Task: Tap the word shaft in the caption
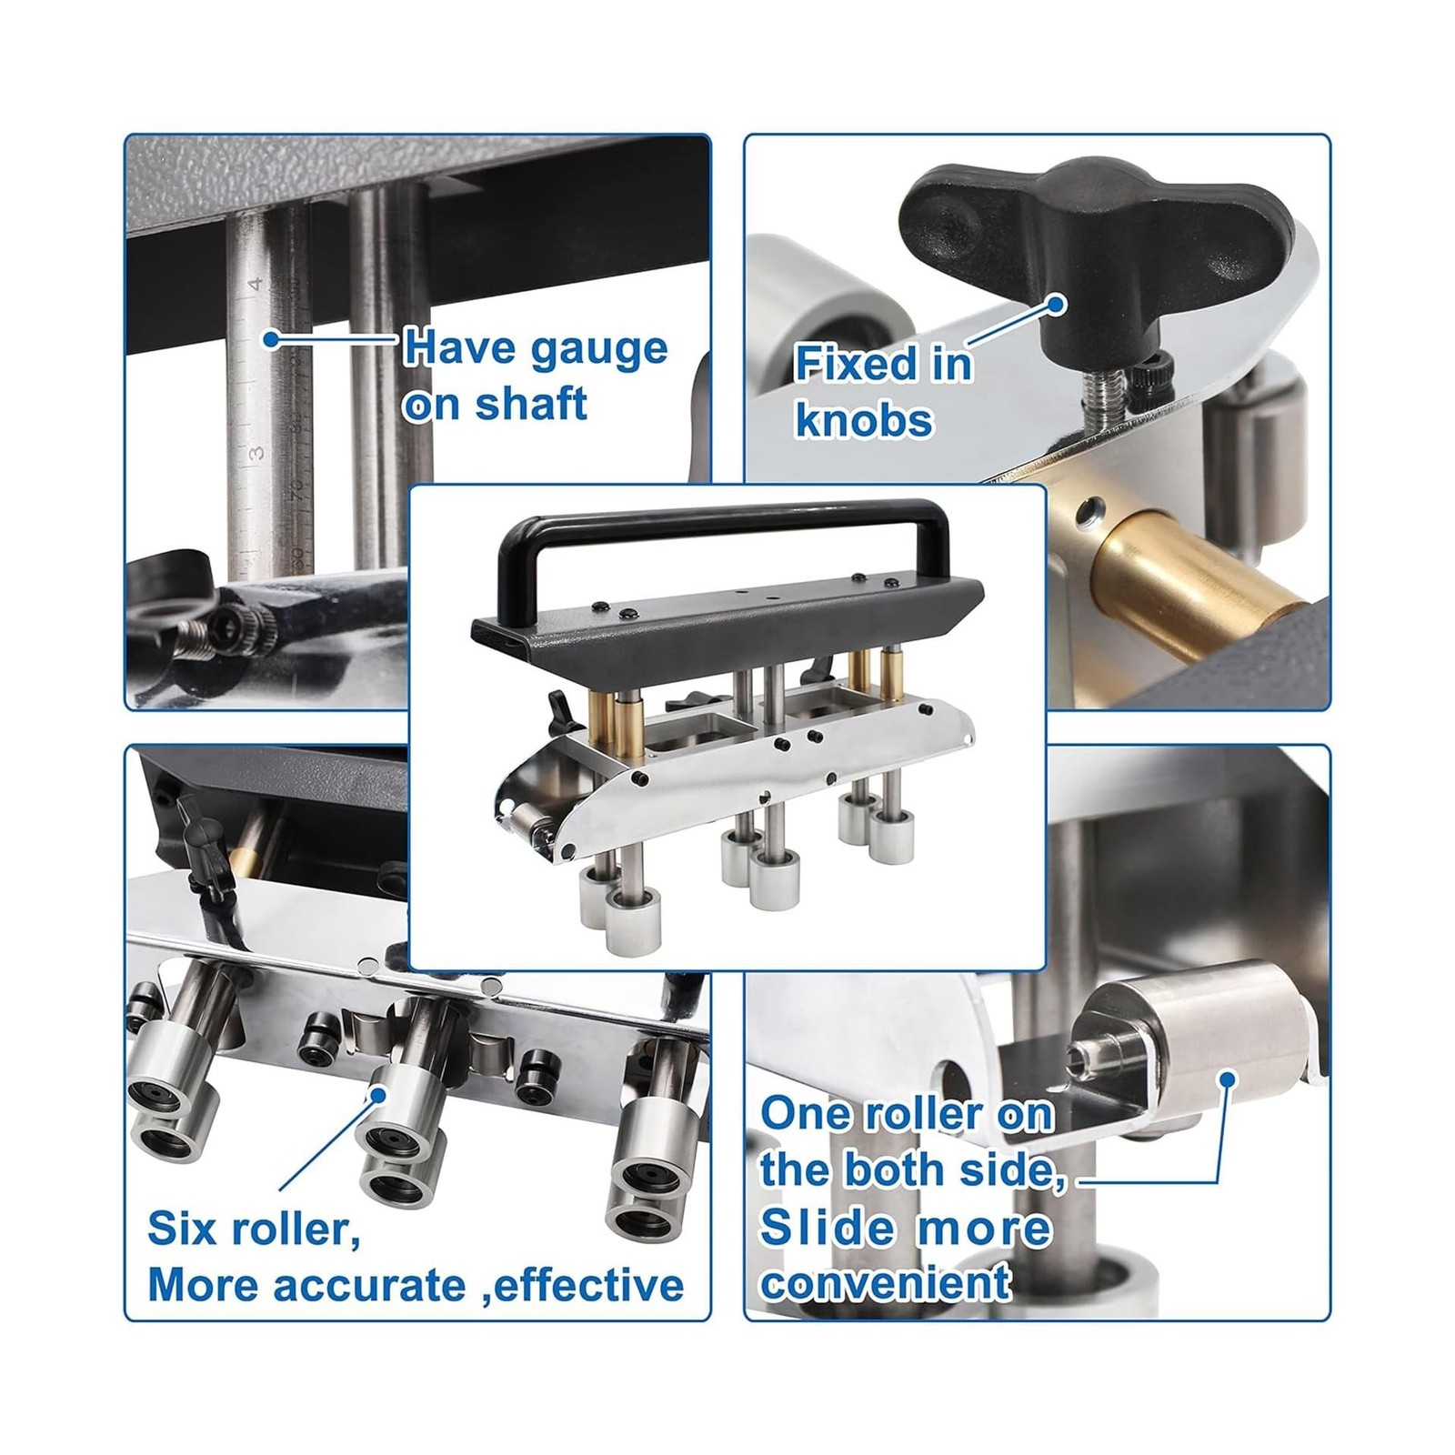pos(530,403)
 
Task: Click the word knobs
pos(864,421)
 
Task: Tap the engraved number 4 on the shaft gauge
pos(256,284)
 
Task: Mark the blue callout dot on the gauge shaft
pos(270,339)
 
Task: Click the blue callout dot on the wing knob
pos(1056,303)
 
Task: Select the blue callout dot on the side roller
pos(1228,1079)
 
